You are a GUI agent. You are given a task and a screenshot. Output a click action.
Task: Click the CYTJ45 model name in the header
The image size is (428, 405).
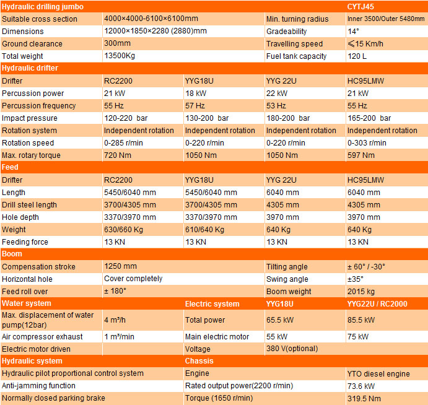point(360,7)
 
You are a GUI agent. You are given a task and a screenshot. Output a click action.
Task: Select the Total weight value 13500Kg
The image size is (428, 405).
point(120,56)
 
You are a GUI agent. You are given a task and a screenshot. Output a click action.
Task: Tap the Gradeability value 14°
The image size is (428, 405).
point(353,31)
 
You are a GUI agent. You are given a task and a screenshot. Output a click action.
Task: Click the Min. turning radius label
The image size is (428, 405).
point(295,19)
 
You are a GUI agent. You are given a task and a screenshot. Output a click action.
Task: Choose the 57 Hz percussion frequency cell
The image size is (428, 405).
point(195,105)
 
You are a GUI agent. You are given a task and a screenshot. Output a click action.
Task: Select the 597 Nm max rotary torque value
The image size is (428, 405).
point(361,155)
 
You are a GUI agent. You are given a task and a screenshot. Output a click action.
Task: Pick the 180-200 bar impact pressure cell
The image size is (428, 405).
point(288,118)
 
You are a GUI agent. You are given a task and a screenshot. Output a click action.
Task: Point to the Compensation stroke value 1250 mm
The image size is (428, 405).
point(120,266)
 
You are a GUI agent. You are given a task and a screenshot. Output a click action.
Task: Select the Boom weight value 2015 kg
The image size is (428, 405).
point(361,291)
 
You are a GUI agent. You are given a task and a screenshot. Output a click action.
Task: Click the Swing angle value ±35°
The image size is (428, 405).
point(356,279)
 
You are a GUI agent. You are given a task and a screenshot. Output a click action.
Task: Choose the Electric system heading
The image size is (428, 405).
point(212,304)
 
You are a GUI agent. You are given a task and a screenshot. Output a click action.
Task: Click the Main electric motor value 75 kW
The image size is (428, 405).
point(358,337)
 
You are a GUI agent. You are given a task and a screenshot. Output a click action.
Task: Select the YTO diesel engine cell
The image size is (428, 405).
point(378,373)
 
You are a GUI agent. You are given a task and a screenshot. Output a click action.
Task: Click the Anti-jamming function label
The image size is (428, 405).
point(38,386)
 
